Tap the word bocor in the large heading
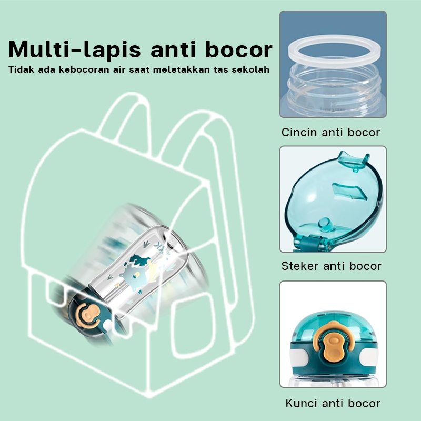[x=239, y=49]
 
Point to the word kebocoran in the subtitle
[x=84, y=69]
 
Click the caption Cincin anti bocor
[x=331, y=133]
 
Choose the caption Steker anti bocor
[x=332, y=266]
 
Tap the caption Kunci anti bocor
[x=333, y=403]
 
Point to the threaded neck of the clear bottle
[x=334, y=86]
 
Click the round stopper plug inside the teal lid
[x=325, y=225]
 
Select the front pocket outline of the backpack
[x=193, y=324]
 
